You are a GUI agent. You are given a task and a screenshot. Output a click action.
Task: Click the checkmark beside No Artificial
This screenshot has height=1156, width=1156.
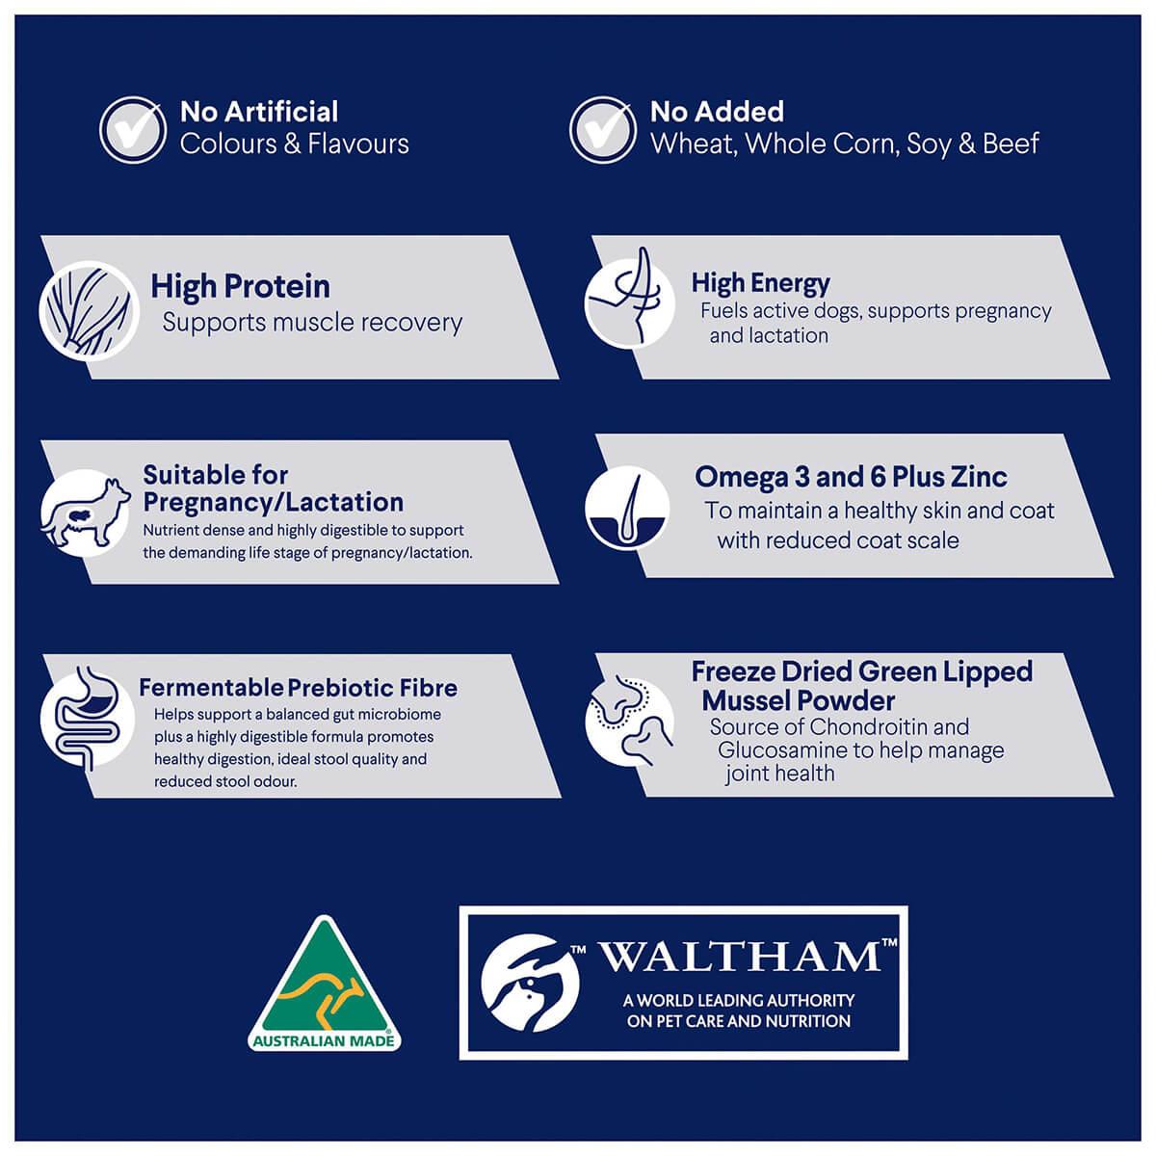[x=133, y=129]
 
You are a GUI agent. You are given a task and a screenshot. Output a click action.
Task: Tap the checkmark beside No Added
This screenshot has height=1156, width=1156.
[x=602, y=129]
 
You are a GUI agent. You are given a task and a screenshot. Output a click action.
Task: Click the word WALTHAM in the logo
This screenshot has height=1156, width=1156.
[x=740, y=958]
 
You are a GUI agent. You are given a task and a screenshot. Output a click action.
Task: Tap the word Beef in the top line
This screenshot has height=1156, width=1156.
[x=1011, y=144]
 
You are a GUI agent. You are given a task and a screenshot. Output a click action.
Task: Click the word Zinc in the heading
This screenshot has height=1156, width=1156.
[x=978, y=477]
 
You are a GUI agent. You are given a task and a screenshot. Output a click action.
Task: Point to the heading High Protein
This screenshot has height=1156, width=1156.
[x=240, y=286]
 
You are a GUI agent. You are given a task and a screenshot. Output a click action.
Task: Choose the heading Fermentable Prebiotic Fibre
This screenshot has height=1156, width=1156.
[x=298, y=688]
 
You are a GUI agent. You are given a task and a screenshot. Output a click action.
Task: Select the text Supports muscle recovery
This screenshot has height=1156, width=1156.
[x=312, y=323]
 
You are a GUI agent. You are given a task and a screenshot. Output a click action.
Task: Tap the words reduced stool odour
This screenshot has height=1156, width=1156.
[x=225, y=781]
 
